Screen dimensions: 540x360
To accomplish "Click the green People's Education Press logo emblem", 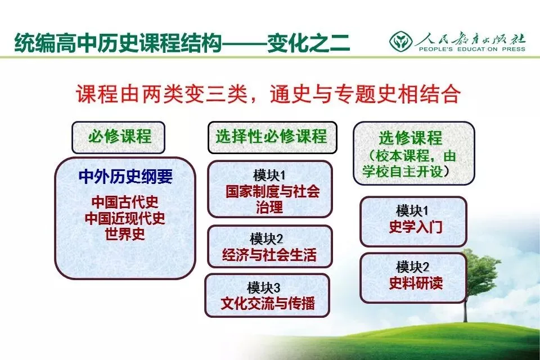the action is click(401, 41).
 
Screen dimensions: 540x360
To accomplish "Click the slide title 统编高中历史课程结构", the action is click(118, 43).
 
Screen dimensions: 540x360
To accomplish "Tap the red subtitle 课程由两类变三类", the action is click(162, 94).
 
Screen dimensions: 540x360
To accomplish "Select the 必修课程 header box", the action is click(119, 137).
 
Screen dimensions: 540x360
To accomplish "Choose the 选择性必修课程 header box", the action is click(272, 137).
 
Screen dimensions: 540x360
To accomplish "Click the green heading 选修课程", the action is click(411, 138).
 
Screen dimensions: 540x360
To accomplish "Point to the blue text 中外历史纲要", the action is click(125, 177).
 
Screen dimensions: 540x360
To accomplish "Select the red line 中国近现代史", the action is click(125, 218).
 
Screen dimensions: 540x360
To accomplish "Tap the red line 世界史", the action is click(125, 234).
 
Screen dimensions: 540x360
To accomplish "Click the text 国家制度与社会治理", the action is click(272, 199).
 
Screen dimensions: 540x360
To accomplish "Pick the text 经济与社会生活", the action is click(269, 255).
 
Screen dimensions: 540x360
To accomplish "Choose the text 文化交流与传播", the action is click(268, 304).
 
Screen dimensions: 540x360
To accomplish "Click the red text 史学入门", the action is click(416, 227).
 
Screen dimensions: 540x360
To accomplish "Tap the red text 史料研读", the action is click(416, 283).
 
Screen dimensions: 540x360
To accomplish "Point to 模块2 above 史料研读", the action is click(412, 267).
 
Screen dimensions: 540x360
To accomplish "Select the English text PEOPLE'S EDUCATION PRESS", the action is click(472, 49).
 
